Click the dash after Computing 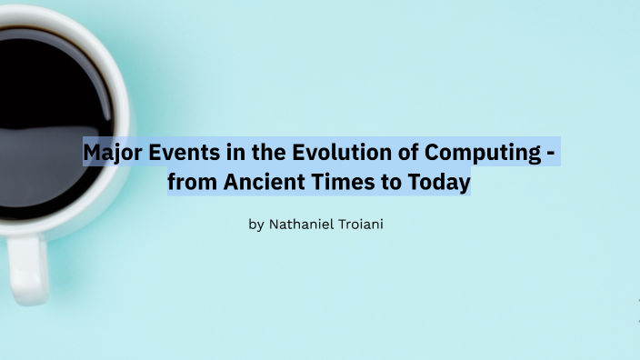pos(549,153)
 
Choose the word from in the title pos(189,182)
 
